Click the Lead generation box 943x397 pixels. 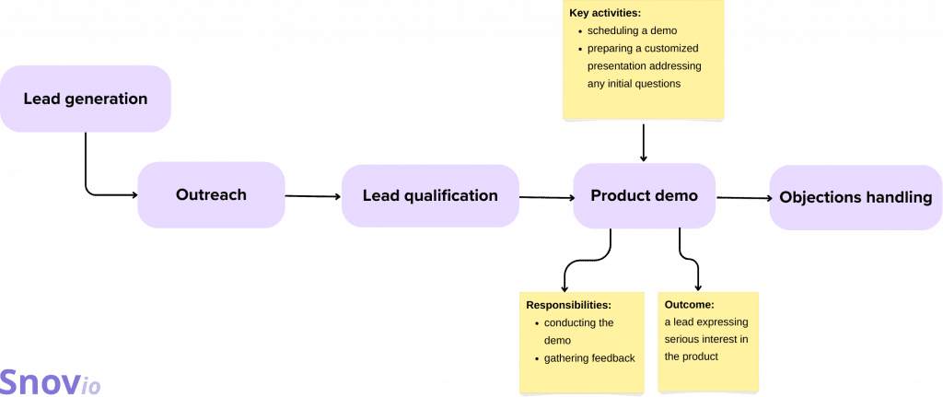[86, 99]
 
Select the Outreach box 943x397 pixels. [211, 195]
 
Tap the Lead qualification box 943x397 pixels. [430, 195]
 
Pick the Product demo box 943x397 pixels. [644, 195]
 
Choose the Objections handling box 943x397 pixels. [856, 197]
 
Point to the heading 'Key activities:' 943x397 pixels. [604, 14]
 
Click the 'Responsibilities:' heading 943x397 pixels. [568, 305]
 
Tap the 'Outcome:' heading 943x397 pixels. [689, 305]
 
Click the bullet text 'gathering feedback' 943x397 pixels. [589, 357]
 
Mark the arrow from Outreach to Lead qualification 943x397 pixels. [313, 196]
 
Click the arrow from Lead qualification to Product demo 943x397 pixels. [546, 196]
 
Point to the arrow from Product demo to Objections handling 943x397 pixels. [742, 197]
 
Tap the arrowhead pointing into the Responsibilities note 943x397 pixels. [564, 287]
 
